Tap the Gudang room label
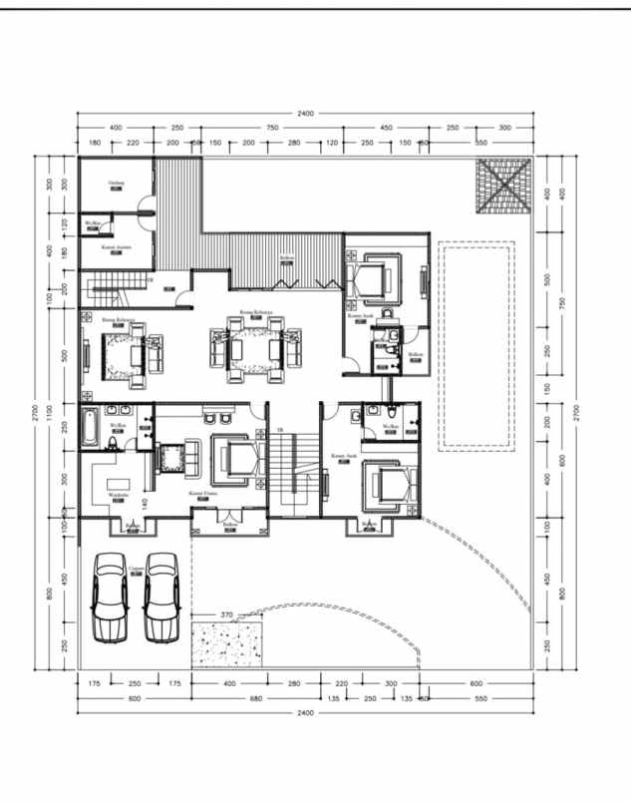tap(116, 183)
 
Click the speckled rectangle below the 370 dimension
tap(228, 643)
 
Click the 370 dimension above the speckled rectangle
tap(226, 615)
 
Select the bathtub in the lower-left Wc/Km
tap(87, 427)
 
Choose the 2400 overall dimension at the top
tap(305, 114)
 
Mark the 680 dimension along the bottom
tap(256, 698)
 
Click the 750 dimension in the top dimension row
tap(272, 128)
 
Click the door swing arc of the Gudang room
tap(147, 210)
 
